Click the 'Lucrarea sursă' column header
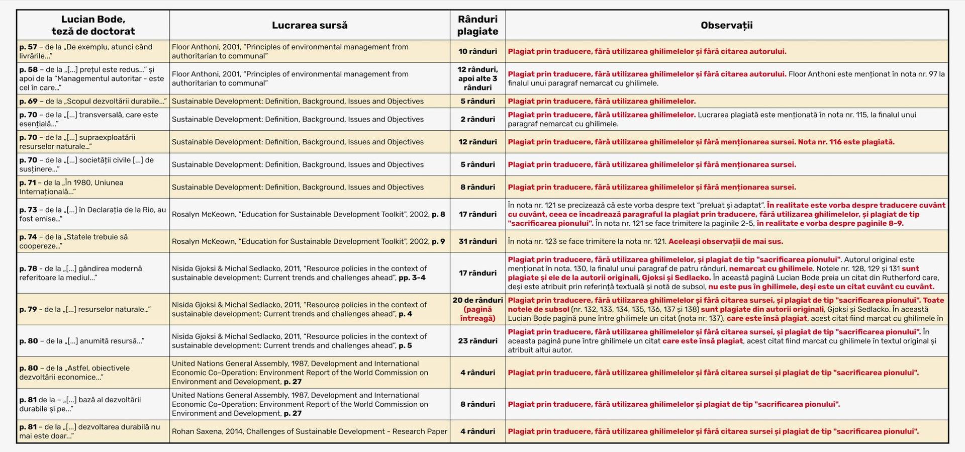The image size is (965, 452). (x=309, y=25)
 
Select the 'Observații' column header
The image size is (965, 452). (x=726, y=25)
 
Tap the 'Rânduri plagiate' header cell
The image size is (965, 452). (x=477, y=25)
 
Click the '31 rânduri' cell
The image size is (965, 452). (x=477, y=241)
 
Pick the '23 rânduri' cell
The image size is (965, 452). (x=477, y=341)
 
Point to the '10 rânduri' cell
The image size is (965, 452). (x=477, y=51)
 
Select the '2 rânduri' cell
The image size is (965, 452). (x=477, y=119)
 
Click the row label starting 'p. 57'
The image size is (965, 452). (x=86, y=51)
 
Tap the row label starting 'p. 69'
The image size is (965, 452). (x=93, y=101)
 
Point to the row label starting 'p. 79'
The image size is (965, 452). (x=85, y=309)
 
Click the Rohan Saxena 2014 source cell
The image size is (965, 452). (x=309, y=431)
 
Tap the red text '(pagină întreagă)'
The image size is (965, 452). (x=477, y=314)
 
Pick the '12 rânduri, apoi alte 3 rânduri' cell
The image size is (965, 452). (x=477, y=78)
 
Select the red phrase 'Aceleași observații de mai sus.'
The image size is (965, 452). (x=725, y=241)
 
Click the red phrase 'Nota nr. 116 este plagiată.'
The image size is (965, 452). (x=846, y=142)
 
